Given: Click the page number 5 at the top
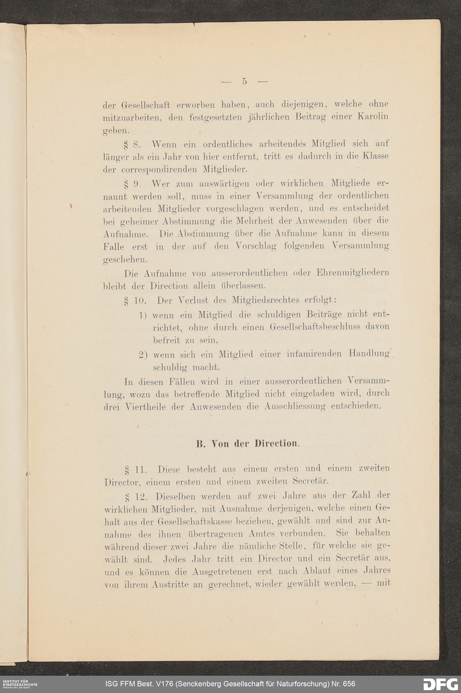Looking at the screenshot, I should [x=244, y=81].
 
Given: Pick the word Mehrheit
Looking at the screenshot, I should [x=246, y=221].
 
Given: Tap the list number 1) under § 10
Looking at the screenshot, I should [x=143, y=315].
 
